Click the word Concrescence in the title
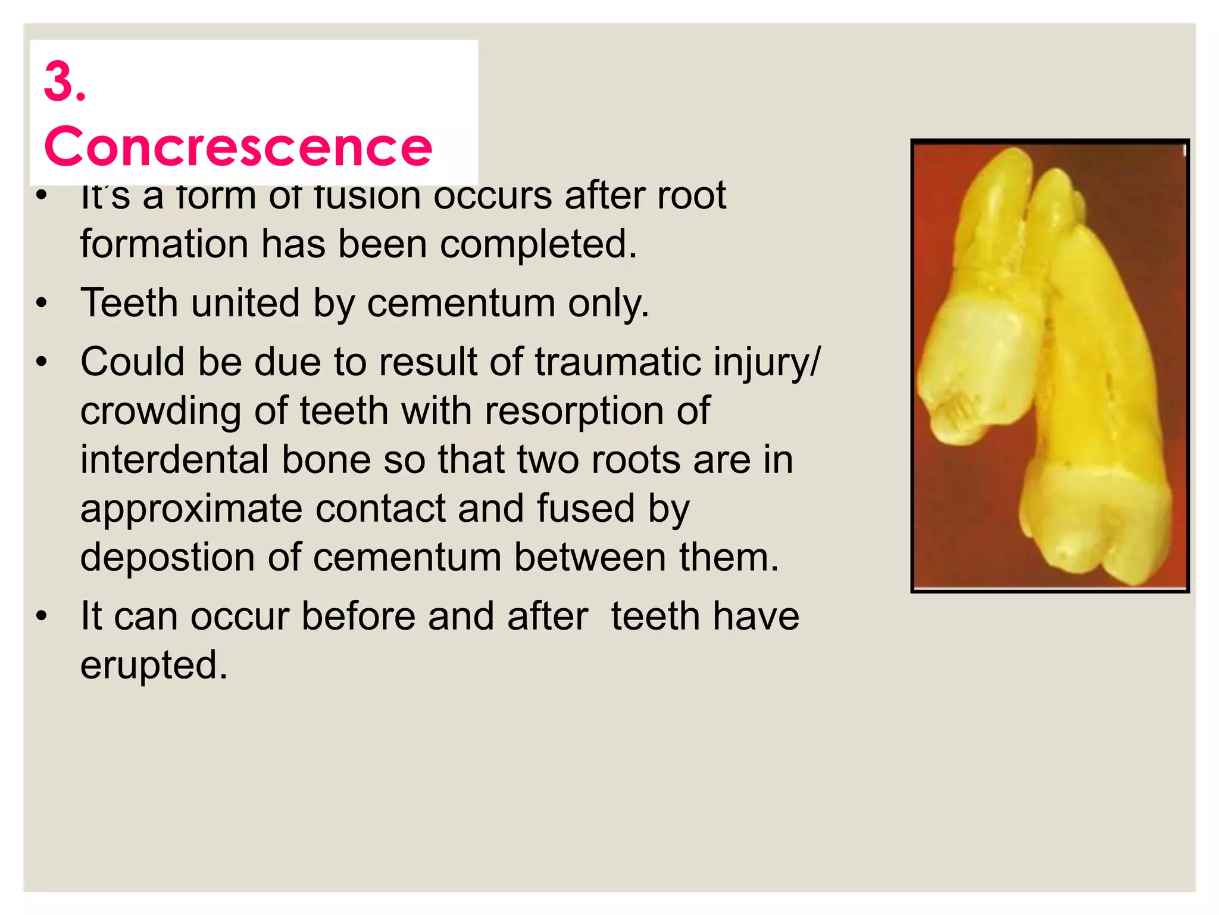click(x=238, y=147)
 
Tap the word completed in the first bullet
click(x=539, y=244)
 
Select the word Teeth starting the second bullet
click(x=129, y=303)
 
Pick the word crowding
click(x=161, y=411)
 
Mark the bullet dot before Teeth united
click(x=41, y=303)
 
